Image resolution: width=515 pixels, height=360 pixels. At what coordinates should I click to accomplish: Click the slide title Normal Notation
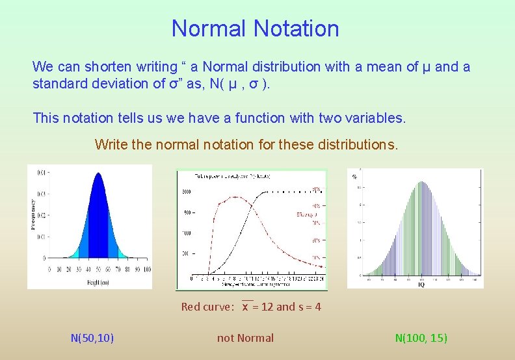[x=255, y=29]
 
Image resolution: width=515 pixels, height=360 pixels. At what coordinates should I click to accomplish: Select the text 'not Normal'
[x=245, y=338]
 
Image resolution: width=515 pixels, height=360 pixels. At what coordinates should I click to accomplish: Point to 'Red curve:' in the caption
[x=207, y=307]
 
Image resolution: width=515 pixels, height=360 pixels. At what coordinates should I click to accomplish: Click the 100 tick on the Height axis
[x=147, y=269]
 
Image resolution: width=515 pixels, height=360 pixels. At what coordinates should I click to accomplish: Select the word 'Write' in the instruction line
[x=111, y=144]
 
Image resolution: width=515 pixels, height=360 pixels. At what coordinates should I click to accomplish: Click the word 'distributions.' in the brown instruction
[x=357, y=144]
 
